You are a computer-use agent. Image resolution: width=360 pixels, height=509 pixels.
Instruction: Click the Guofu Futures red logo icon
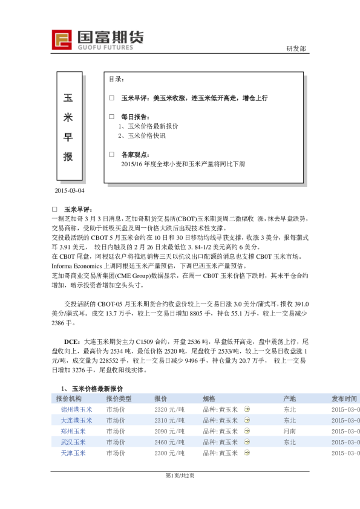point(62,39)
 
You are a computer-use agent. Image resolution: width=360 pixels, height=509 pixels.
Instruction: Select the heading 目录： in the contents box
point(117,79)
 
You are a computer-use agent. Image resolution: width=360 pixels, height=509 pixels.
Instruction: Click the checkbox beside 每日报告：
point(111,116)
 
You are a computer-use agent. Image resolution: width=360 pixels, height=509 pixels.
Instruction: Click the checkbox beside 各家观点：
point(111,154)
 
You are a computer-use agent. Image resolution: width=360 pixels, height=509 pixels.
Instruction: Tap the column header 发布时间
point(344,399)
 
